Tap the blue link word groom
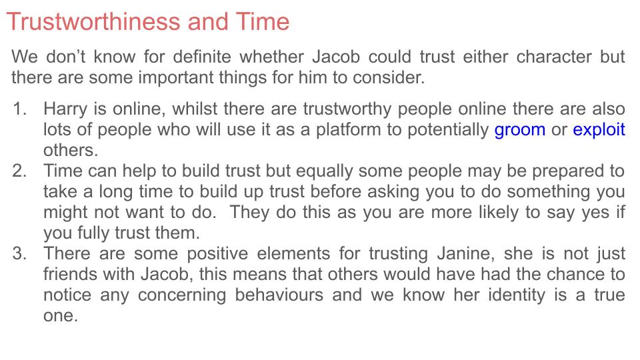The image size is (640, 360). pyautogui.click(x=520, y=129)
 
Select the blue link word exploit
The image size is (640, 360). pyautogui.click(x=599, y=129)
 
